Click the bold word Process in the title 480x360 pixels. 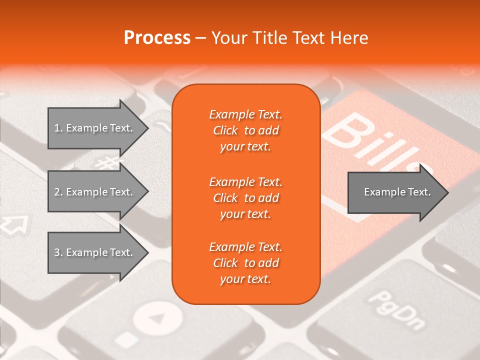157,38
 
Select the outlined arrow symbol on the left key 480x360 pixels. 14,224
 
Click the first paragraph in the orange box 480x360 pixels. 245,130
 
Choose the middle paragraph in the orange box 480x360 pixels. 245,198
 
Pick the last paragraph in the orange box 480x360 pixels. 245,263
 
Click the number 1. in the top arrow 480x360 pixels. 58,128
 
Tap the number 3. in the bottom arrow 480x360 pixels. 58,252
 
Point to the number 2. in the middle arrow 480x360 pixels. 58,192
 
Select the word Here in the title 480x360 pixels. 349,38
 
